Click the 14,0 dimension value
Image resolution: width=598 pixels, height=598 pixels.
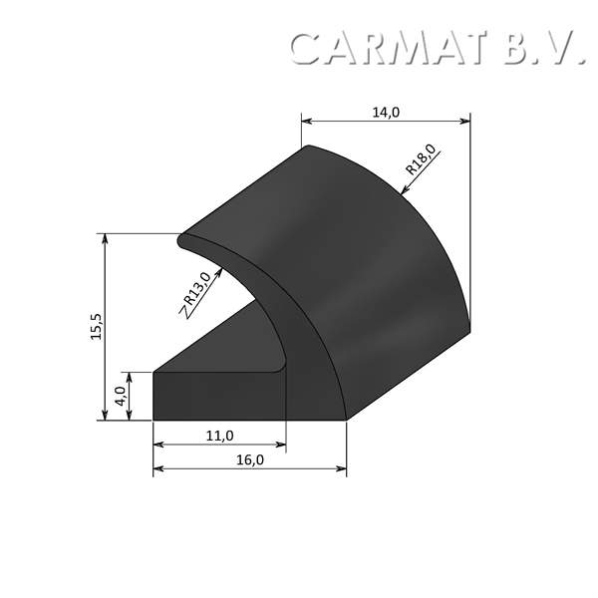pyautogui.click(x=386, y=112)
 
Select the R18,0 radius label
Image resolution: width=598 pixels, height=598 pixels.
pyautogui.click(x=421, y=160)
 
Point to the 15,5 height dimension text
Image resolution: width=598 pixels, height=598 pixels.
pyautogui.click(x=96, y=327)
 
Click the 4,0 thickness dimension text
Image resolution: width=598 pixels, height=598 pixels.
pyautogui.click(x=120, y=397)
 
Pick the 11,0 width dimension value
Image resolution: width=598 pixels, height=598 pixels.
pyautogui.click(x=219, y=436)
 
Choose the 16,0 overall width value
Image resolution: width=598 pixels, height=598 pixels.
pyautogui.click(x=249, y=459)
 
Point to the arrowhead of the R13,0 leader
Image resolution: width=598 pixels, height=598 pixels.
pyautogui.click(x=220, y=268)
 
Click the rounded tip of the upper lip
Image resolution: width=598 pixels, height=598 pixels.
pyautogui.click(x=182, y=240)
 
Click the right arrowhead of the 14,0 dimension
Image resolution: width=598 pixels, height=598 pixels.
pyautogui.click(x=464, y=122)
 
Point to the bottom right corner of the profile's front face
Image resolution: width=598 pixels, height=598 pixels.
pyautogui.click(x=345, y=420)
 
